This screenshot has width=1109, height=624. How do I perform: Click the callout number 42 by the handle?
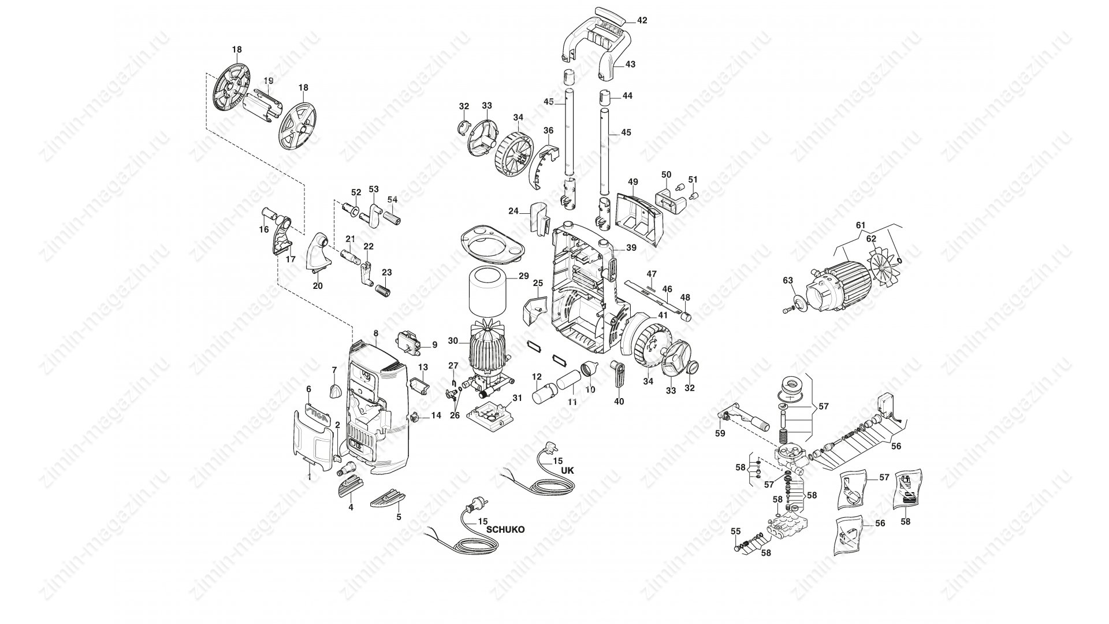pos(642,20)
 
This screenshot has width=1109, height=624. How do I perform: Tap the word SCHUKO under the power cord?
pos(505,529)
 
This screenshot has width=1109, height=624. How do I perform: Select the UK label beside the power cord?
pos(568,470)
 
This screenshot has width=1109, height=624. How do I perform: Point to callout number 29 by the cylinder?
pos(523,276)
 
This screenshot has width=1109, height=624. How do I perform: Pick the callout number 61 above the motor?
pos(861,225)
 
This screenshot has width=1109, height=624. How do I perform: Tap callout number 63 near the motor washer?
pos(788,280)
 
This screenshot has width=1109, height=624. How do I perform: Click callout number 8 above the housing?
pos(376,333)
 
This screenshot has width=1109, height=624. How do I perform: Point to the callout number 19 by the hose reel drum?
pos(269,80)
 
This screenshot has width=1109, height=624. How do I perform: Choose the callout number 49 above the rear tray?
pos(632,182)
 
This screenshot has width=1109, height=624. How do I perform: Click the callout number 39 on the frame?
pos(631,247)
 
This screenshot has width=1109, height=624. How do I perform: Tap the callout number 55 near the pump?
pos(735,532)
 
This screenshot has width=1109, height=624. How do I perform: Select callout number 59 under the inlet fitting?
pos(720,433)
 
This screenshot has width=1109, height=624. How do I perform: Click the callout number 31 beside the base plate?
pos(517,398)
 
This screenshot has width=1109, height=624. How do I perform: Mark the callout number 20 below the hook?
pos(318,285)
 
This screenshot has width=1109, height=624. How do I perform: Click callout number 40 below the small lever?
pos(619,401)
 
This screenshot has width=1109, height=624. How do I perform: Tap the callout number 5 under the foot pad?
pos(399,517)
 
